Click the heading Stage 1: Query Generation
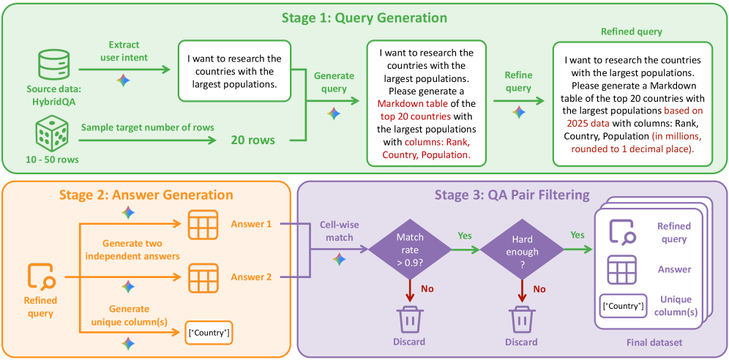[364, 18]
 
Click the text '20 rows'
[253, 139]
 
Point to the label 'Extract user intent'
[124, 51]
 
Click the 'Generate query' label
[334, 81]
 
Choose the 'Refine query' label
[518, 81]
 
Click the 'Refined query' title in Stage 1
[631, 32]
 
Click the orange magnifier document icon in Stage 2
[40, 276]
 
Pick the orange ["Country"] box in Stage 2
[209, 333]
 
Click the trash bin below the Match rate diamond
[410, 320]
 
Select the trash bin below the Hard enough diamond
[520, 320]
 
